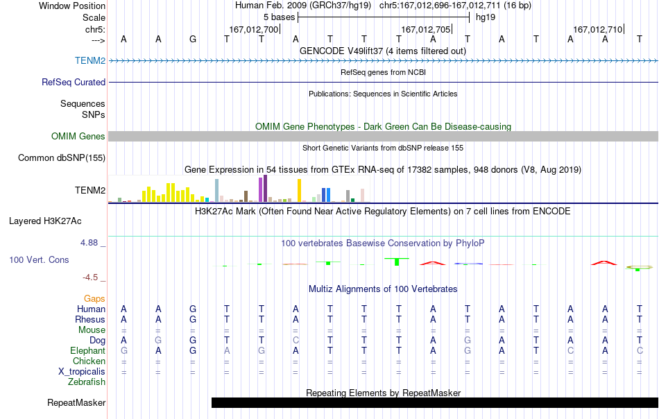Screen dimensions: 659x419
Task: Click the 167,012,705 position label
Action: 425,29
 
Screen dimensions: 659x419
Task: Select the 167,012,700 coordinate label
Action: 253,29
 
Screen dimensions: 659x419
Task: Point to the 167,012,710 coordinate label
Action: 597,29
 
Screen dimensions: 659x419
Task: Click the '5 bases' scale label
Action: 279,17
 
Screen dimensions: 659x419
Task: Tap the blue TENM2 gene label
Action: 90,60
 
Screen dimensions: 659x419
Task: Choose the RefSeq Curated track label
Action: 74,82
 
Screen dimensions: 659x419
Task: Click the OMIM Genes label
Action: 78,136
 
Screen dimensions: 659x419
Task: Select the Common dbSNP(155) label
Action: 62,158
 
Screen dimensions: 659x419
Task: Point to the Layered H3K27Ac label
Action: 45,221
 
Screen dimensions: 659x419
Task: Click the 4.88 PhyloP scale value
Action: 89,243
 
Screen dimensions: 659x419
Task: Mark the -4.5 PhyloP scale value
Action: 90,277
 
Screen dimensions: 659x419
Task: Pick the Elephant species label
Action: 88,350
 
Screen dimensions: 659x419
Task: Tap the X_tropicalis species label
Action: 82,372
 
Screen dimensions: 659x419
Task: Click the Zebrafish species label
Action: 87,382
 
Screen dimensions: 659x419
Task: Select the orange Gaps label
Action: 94,298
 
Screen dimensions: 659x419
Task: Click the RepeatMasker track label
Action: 76,402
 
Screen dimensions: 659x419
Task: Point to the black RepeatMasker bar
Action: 435,402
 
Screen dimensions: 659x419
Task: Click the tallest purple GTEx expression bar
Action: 265,189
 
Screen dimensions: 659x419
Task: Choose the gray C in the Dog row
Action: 296,340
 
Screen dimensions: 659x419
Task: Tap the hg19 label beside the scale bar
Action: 486,17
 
